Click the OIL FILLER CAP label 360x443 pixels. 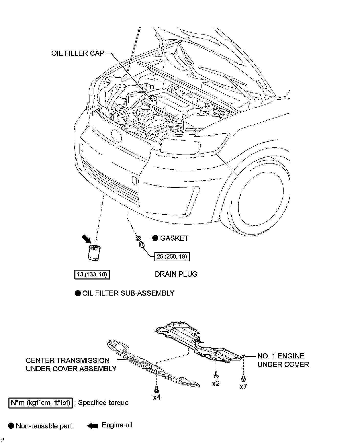point(78,53)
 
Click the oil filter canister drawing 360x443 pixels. point(94,253)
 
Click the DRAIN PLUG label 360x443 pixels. point(176,274)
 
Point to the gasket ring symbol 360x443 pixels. point(138,239)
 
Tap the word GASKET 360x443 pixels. point(174,238)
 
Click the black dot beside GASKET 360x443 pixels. point(155,238)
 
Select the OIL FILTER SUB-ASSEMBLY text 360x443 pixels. point(128,293)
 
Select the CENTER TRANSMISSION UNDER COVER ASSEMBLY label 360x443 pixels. point(71,365)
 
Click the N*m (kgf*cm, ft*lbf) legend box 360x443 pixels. point(40,403)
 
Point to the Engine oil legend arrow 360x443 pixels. point(92,426)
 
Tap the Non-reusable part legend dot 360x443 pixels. point(11,426)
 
